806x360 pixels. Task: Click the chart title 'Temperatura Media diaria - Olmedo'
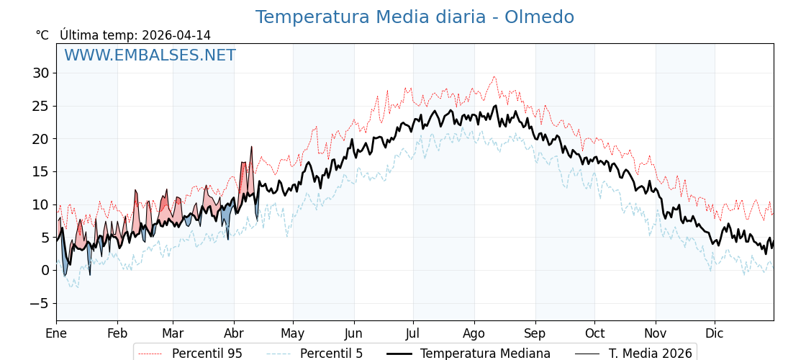(x=415, y=17)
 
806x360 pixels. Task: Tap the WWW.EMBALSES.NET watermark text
(x=150, y=55)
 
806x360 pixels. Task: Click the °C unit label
(x=42, y=35)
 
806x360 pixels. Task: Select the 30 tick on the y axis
(x=40, y=73)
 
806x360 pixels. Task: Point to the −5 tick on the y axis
(x=39, y=303)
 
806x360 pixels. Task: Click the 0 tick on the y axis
(x=45, y=270)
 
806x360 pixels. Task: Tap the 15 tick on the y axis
(x=40, y=171)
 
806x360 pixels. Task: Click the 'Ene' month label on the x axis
(x=56, y=333)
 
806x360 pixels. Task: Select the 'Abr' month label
(x=234, y=333)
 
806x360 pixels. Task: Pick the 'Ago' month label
(x=474, y=333)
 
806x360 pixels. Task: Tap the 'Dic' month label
(x=715, y=333)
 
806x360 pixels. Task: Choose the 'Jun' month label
(x=353, y=333)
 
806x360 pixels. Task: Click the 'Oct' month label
(x=594, y=333)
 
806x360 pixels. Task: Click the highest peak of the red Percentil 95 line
(x=494, y=77)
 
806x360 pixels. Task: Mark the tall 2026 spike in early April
(x=251, y=147)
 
